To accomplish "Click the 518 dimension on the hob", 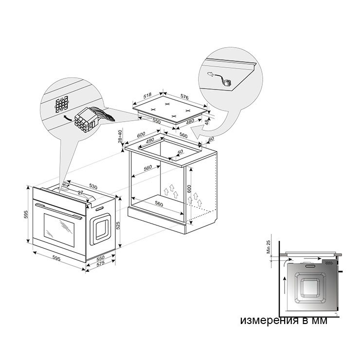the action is click(x=147, y=95).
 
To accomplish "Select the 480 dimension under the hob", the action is click(x=190, y=122).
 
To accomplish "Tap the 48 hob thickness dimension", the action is click(x=207, y=122).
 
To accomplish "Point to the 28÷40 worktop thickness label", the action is click(x=120, y=136).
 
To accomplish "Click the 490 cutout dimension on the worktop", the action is click(x=150, y=141).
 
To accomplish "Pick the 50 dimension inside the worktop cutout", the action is click(x=180, y=152).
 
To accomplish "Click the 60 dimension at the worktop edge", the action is click(x=211, y=139).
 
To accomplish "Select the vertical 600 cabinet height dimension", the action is click(x=189, y=189).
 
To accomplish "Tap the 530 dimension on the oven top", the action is click(x=93, y=187).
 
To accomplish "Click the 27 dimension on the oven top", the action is click(x=80, y=193).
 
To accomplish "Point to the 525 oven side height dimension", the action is click(x=118, y=225).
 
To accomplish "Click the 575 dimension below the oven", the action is click(x=100, y=264).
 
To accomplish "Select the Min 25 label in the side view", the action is click(x=269, y=247).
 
